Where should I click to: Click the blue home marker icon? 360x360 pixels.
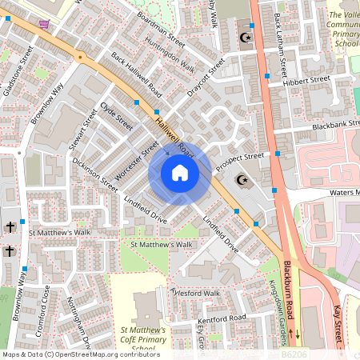pos(180,173)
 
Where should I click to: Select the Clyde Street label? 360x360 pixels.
pos(117,116)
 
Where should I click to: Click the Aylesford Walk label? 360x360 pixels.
pos(195,294)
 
